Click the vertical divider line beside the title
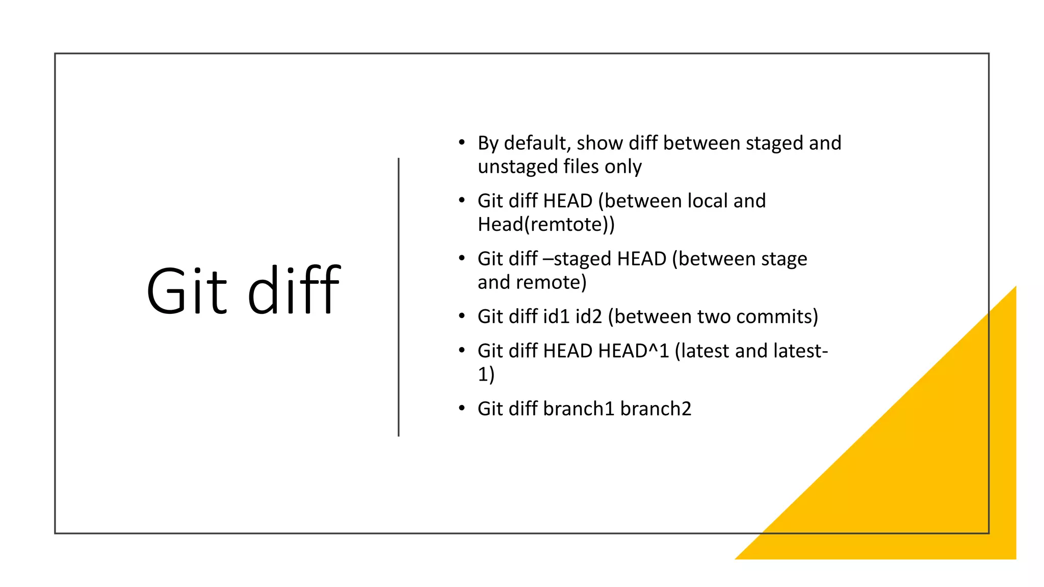399,297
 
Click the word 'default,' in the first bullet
537,143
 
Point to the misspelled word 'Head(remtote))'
546,224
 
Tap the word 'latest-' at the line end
800,351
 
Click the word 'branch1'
579,409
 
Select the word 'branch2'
656,409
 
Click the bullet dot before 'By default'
461,142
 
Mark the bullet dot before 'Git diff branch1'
461,408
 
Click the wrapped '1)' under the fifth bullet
486,374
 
